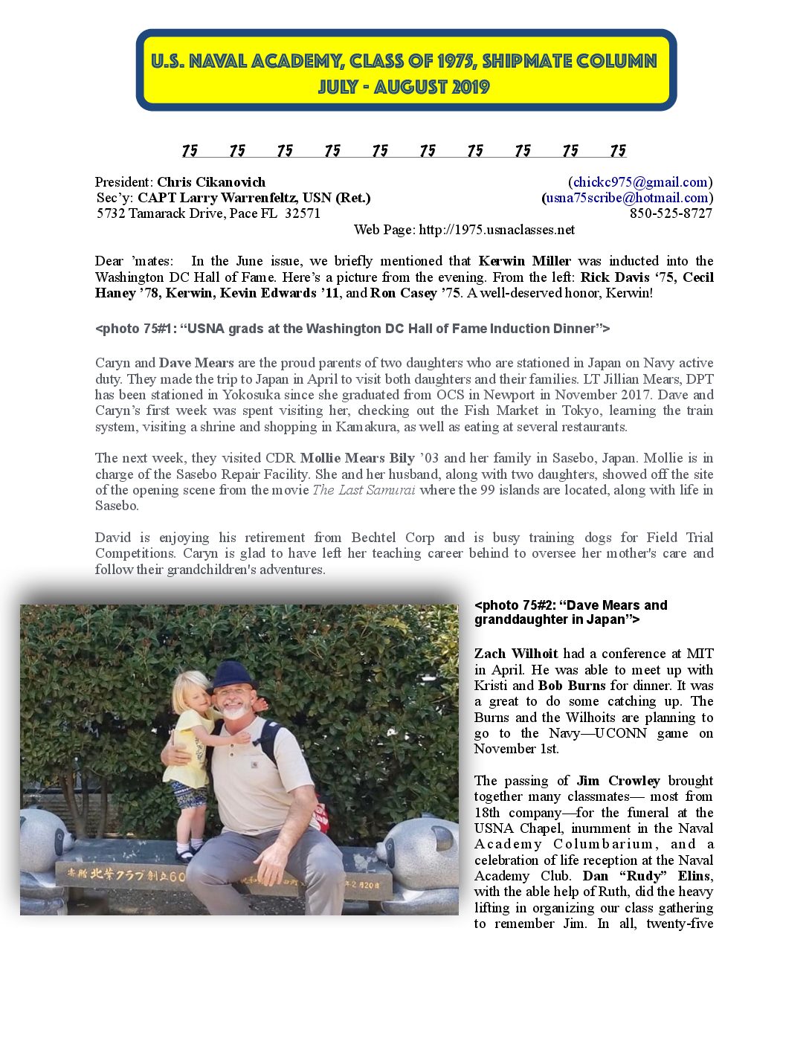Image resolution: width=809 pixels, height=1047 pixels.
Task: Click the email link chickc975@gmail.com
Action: [639, 182]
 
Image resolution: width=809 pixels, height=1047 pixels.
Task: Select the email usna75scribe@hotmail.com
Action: [627, 198]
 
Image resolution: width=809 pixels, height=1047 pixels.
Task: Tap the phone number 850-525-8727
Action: [671, 213]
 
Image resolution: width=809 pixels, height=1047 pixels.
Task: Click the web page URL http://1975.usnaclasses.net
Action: [497, 230]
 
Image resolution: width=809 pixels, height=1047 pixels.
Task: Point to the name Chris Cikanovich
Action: [211, 182]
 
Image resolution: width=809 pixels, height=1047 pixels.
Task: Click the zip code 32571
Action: [303, 213]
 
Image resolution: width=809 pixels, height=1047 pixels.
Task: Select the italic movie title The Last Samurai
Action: [364, 490]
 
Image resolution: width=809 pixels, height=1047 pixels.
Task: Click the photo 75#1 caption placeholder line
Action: [352, 329]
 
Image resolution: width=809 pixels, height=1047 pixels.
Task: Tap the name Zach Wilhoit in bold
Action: [516, 654]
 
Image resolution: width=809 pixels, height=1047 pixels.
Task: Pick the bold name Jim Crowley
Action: [618, 781]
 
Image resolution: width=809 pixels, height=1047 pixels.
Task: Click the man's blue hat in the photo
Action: [232, 675]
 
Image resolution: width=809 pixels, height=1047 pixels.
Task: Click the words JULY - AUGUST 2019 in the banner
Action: [404, 88]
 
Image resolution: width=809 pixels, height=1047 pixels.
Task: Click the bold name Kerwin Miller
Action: [524, 261]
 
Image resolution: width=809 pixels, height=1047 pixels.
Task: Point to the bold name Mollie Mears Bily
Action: [357, 458]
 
